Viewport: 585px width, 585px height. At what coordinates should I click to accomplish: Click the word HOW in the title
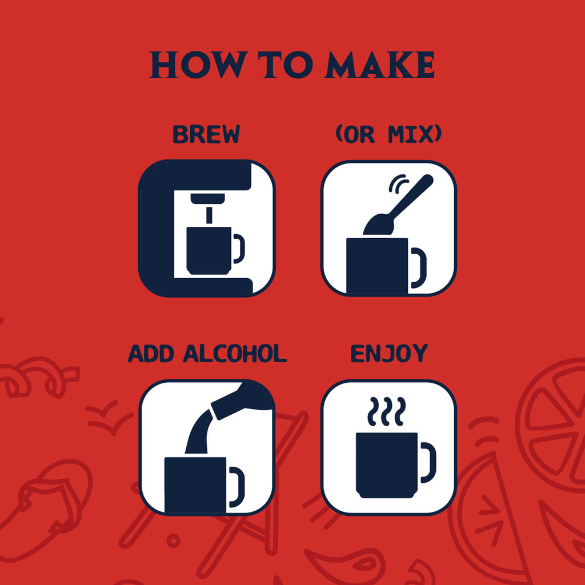click(199, 65)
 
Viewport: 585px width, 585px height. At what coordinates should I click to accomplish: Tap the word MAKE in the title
click(380, 65)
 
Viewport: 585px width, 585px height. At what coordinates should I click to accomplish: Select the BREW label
click(206, 134)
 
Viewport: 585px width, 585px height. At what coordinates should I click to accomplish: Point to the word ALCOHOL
click(235, 354)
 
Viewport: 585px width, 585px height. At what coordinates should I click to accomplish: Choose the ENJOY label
click(389, 354)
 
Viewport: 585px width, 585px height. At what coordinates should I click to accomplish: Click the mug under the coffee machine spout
click(215, 250)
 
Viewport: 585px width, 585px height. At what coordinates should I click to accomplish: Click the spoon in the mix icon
click(398, 206)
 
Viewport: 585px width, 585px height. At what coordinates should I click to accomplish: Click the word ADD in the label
click(151, 354)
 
